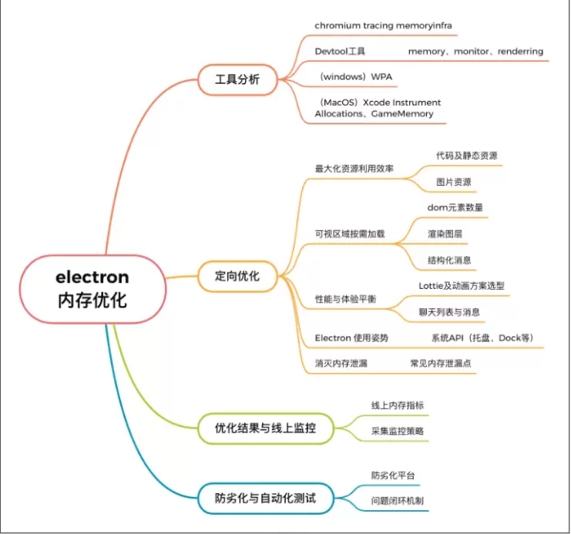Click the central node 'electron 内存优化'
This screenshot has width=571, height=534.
pyautogui.click(x=92, y=288)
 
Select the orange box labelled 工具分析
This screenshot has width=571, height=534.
pyautogui.click(x=237, y=79)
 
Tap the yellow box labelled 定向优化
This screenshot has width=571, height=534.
pyautogui.click(x=237, y=275)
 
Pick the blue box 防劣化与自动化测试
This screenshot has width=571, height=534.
pyautogui.click(x=265, y=498)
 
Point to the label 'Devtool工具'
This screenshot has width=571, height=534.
pyautogui.click(x=340, y=52)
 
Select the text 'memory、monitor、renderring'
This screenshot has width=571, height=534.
pyautogui.click(x=475, y=52)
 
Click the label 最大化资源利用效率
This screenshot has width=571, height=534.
pyautogui.click(x=354, y=169)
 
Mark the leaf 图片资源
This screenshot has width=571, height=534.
pyautogui.click(x=453, y=183)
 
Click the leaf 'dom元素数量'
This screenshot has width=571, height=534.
pyautogui.click(x=455, y=207)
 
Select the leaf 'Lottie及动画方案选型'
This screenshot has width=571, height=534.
pyautogui.click(x=462, y=285)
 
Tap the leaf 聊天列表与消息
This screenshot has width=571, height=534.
pyautogui.click(x=455, y=311)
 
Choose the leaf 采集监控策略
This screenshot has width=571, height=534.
pyautogui.click(x=397, y=431)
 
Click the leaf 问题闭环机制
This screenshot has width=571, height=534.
pyautogui.click(x=397, y=501)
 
